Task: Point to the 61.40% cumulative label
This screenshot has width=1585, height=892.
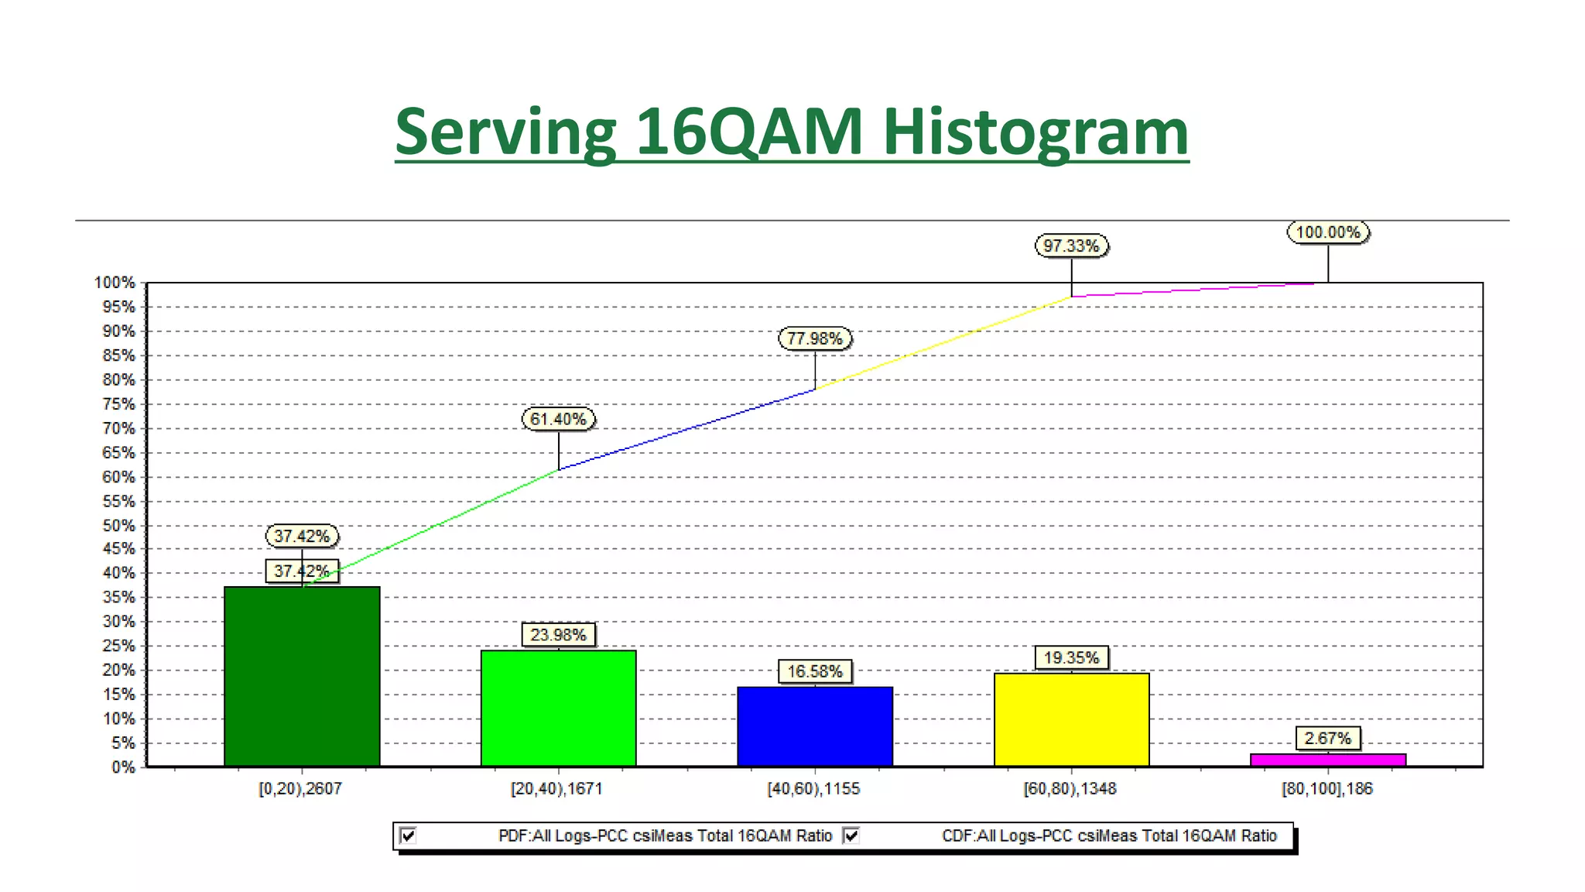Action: [558, 419]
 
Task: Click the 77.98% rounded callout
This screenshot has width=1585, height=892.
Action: [814, 338]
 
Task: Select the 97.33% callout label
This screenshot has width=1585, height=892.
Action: [1071, 245]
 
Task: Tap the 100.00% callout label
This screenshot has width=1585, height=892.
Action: [1328, 232]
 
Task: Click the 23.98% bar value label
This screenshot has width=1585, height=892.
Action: [558, 635]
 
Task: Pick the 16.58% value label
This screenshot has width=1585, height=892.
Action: [814, 671]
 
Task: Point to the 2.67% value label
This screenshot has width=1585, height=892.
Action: [1328, 739]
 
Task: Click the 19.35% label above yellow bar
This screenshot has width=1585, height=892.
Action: [1071, 658]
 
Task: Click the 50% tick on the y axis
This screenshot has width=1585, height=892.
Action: [118, 526]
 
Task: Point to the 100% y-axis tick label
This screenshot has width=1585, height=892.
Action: [115, 283]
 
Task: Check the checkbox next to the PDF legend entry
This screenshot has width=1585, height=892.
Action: [408, 835]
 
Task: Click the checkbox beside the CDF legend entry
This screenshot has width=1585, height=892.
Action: [851, 835]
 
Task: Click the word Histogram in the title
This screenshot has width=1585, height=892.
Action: [1035, 132]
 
